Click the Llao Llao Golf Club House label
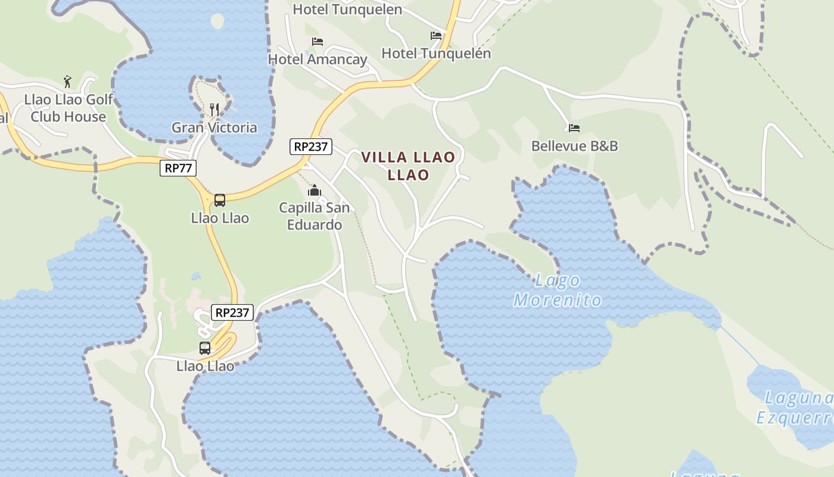(69, 108)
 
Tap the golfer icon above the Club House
(67, 81)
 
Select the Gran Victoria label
(214, 128)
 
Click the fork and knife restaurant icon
(214, 109)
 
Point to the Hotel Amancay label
(318, 59)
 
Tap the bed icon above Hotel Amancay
(318, 42)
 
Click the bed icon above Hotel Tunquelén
(436, 36)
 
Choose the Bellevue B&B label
(574, 145)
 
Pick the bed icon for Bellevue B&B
(574, 128)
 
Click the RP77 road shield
(178, 168)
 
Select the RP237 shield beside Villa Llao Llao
(311, 146)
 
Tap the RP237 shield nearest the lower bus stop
(232, 312)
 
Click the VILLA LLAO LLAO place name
(408, 166)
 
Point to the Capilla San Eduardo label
(314, 216)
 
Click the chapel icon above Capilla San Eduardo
(314, 191)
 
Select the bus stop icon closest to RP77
(220, 200)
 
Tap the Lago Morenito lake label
(558, 290)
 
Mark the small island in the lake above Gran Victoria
(217, 21)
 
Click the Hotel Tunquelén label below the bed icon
(436, 53)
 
